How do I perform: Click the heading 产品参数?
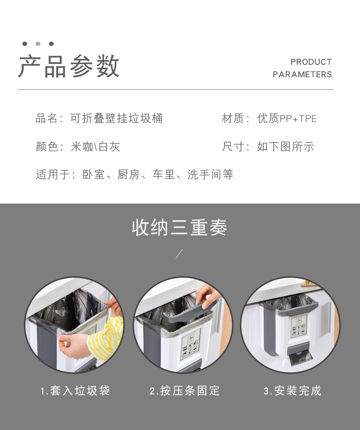(x=69, y=67)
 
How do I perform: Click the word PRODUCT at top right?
(x=311, y=62)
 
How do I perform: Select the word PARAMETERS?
(x=302, y=74)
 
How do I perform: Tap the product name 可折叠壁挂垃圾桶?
(x=117, y=119)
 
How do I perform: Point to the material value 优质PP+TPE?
(x=287, y=119)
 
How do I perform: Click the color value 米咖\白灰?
(x=96, y=147)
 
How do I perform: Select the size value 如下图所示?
(x=286, y=147)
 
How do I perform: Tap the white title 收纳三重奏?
(x=180, y=228)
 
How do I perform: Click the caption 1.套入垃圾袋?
(x=75, y=391)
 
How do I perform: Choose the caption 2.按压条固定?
(x=185, y=391)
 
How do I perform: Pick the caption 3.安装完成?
(x=292, y=391)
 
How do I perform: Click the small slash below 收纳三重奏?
(x=179, y=254)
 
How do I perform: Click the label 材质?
(x=233, y=119)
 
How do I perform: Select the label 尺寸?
(x=233, y=147)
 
